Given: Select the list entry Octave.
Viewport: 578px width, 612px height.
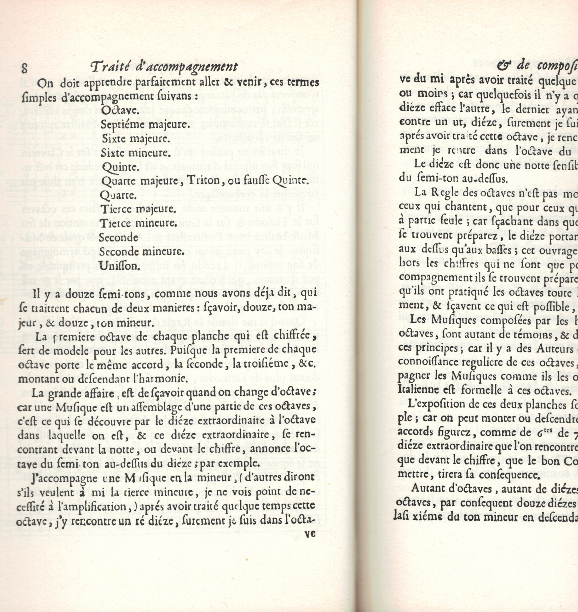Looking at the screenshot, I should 120,110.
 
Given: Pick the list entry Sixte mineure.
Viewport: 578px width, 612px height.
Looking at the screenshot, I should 136,153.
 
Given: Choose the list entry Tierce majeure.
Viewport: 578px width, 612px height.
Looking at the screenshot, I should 138,209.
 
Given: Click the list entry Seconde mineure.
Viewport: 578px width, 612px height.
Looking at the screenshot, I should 142,252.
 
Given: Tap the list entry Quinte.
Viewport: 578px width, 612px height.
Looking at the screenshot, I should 120,167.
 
